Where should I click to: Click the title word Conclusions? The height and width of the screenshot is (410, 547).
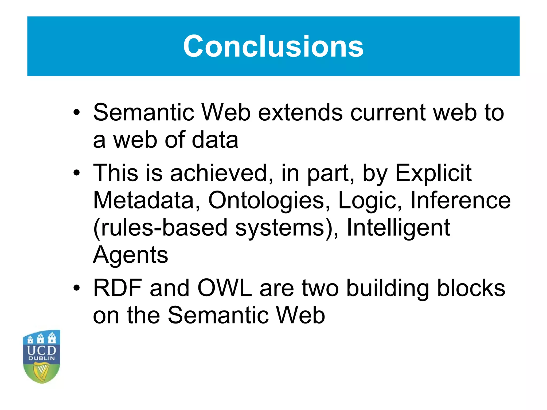(x=273, y=46)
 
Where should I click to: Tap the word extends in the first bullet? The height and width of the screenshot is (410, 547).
(x=300, y=112)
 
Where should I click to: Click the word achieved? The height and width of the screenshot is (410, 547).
(x=219, y=173)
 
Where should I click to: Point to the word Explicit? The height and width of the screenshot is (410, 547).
(x=433, y=173)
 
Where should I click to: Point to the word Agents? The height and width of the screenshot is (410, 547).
(x=131, y=255)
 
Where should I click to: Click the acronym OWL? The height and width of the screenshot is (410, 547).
(x=225, y=288)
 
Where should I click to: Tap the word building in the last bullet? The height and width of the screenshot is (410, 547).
(x=388, y=288)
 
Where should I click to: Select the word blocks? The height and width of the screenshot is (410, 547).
(x=471, y=288)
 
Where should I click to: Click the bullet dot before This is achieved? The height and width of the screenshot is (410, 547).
(x=77, y=173)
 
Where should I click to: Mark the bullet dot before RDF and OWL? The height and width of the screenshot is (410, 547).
(x=77, y=288)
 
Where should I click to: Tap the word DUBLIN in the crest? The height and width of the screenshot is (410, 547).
(x=41, y=358)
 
